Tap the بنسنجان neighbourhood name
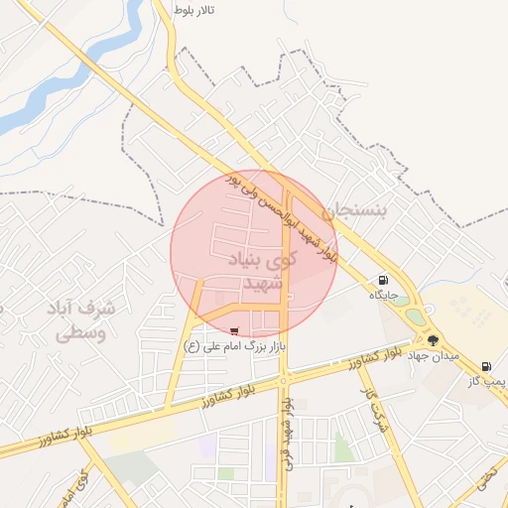(367, 209)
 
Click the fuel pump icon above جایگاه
(383, 281)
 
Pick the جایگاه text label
(384, 296)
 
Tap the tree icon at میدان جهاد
(433, 340)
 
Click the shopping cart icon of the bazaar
(234, 331)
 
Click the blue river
(60, 89)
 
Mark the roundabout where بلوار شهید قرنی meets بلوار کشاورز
(284, 379)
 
